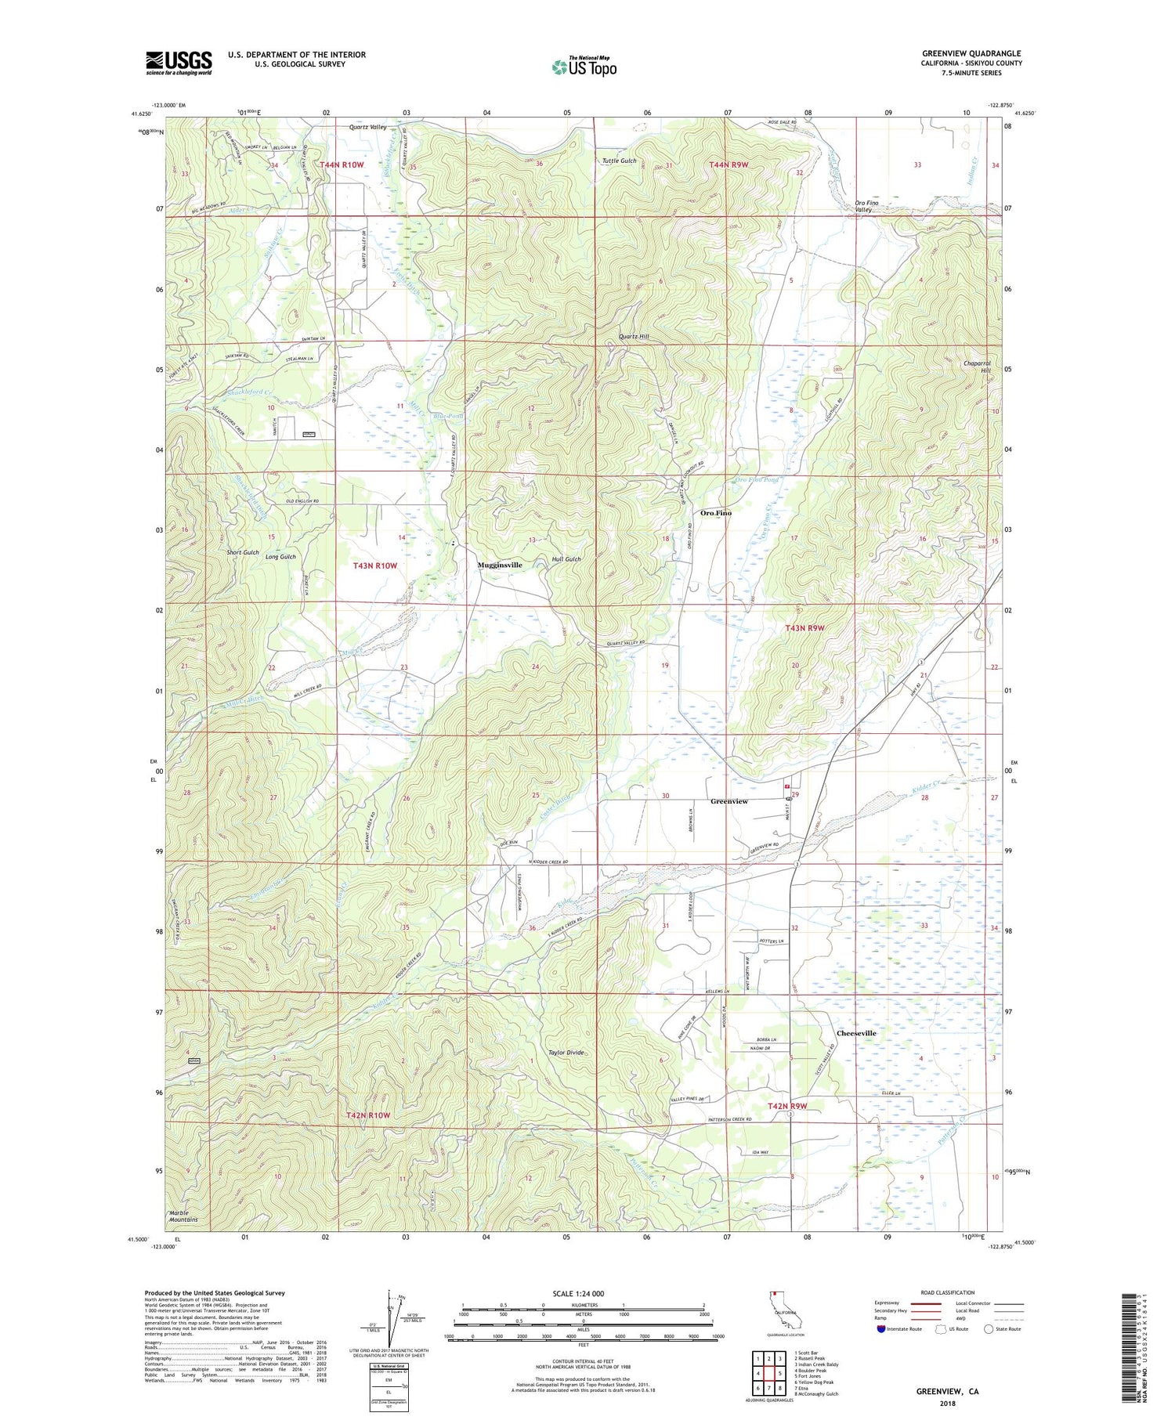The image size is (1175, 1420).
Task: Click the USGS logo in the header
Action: click(x=179, y=63)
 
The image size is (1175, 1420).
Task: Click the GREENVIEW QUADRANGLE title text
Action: click(x=971, y=54)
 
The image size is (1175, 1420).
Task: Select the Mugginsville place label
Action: click(x=500, y=565)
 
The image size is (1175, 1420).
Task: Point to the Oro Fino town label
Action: click(x=715, y=513)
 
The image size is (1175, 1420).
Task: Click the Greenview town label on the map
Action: click(x=728, y=801)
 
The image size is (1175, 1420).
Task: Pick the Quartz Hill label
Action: click(x=634, y=337)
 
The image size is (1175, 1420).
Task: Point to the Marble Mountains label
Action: click(x=183, y=1216)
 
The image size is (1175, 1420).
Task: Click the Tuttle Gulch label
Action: click(x=619, y=161)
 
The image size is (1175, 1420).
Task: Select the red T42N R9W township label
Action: click(x=786, y=1106)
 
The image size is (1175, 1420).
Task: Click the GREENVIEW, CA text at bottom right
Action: click(x=947, y=1392)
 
